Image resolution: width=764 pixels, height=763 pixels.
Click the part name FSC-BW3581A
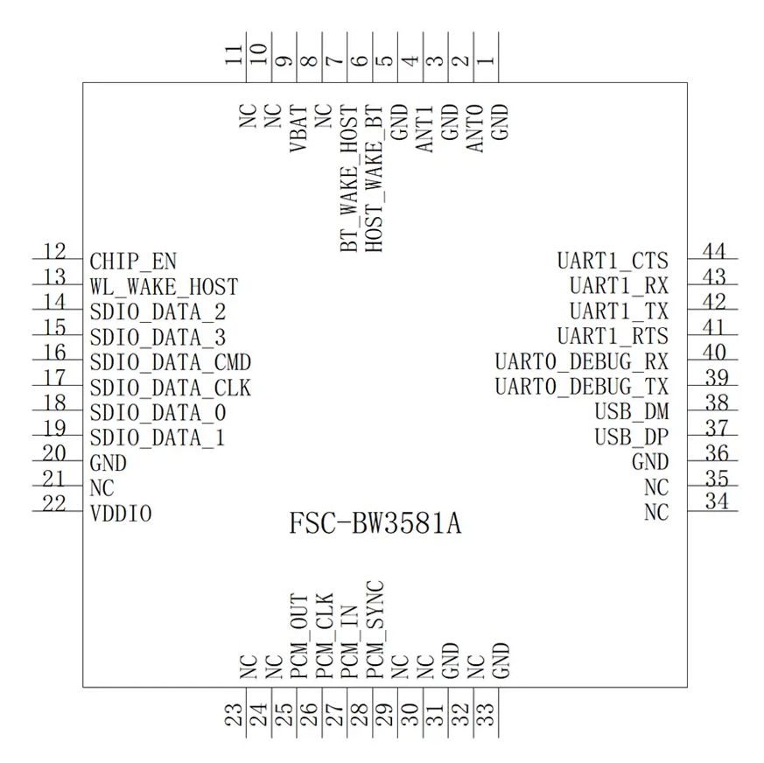pos(375,525)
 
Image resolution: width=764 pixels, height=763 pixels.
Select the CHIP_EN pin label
pos(133,261)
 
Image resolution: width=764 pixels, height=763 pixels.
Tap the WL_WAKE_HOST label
pos(164,286)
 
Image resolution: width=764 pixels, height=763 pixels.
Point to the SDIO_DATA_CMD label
pos(171,361)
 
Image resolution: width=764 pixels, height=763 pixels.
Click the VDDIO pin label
pos(121,514)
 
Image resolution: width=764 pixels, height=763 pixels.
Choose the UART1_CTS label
pos(613,261)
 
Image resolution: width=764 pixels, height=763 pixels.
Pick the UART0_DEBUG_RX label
pos(581,360)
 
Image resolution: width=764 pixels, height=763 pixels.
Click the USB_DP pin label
pos(631,437)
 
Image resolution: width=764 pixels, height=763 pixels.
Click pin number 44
pos(713,252)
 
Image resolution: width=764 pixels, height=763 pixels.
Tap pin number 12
pos(54,252)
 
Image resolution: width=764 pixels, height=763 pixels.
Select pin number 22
pos(54,505)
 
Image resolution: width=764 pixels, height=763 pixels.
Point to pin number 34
pos(713,502)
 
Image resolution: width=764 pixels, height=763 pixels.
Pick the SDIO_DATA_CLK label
pos(171,387)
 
